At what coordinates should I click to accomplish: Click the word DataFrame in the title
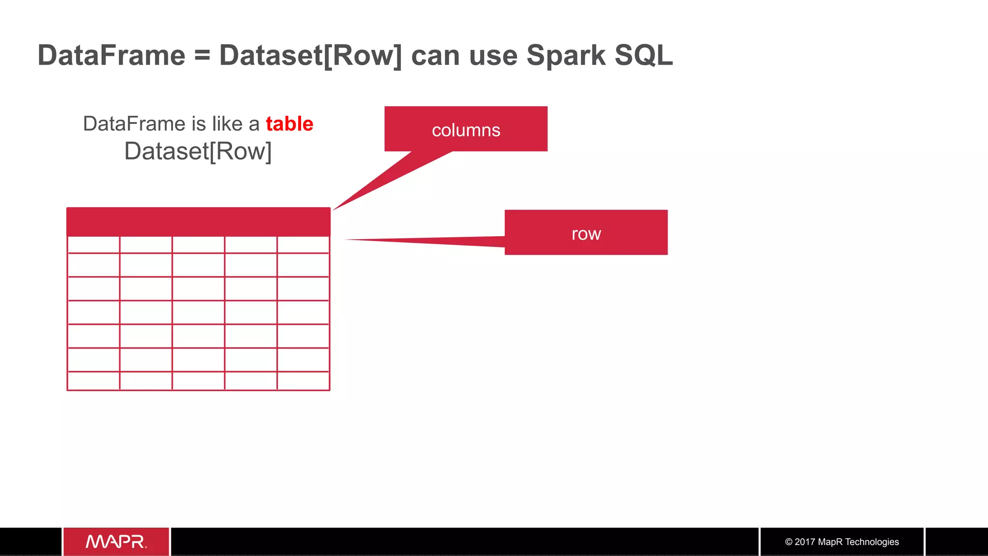(x=111, y=55)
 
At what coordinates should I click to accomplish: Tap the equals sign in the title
(x=202, y=56)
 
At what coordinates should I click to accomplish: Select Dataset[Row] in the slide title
(x=310, y=55)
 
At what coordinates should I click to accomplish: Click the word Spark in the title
(x=565, y=55)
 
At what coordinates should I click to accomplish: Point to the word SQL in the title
(x=644, y=55)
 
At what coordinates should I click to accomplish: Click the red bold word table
(x=289, y=124)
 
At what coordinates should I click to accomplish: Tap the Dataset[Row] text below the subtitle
(x=198, y=151)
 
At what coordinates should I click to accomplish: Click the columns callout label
(x=466, y=130)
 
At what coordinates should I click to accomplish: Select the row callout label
(x=586, y=234)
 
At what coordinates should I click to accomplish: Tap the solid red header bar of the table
(x=198, y=221)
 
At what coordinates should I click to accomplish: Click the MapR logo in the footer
(x=116, y=542)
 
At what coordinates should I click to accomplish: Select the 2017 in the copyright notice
(x=805, y=542)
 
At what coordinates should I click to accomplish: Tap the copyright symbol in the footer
(x=789, y=542)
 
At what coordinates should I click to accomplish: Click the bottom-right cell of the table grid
(x=303, y=380)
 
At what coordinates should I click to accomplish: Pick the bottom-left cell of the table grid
(x=94, y=380)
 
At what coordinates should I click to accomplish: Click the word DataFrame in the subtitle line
(x=135, y=124)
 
